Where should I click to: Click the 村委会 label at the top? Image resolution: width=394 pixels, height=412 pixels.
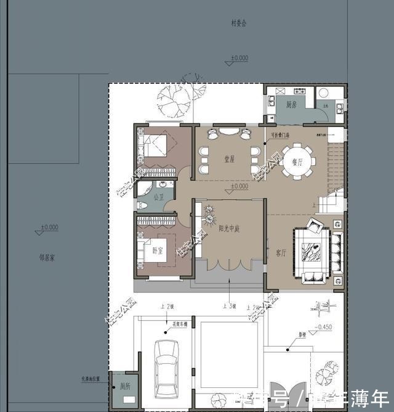coord(238,24)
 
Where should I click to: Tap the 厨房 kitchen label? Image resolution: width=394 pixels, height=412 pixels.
coord(292,105)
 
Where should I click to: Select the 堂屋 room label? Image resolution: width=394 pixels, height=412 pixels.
coord(229,159)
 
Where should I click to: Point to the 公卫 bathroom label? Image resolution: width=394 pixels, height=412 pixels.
coord(159,197)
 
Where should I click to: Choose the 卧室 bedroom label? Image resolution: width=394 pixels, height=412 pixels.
coord(158,250)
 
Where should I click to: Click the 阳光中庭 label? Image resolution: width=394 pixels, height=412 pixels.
coord(228,228)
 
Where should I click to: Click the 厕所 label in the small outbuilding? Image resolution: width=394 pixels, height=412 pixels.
coord(125,386)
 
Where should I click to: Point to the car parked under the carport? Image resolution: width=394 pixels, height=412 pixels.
coord(166,368)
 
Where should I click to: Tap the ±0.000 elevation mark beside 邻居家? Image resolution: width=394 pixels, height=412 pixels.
coord(49,227)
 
